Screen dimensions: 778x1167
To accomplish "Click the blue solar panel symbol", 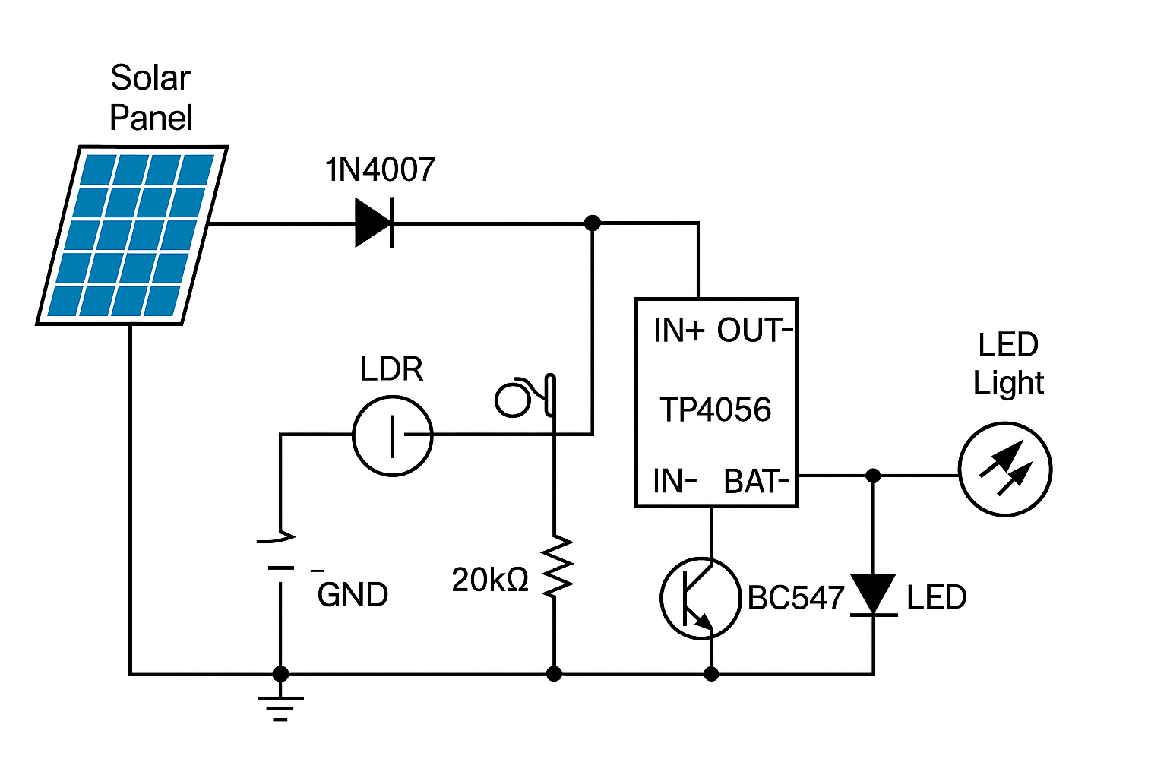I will click(132, 235).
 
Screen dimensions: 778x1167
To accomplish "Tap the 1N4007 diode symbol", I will click(375, 223).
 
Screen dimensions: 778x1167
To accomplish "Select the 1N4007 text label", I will click(380, 170).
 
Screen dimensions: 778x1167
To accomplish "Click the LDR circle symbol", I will click(392, 436).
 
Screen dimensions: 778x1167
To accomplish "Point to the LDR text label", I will click(391, 369).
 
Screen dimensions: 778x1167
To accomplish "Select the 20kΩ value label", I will click(489, 580).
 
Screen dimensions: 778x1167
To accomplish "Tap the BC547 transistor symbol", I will click(699, 599).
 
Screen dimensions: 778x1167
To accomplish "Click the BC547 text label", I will click(795, 599).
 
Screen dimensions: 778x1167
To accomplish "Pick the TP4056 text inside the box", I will click(715, 410).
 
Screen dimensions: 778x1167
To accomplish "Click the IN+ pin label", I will click(678, 331).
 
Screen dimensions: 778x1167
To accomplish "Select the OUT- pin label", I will click(755, 331).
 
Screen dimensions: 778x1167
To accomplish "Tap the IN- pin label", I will click(675, 482).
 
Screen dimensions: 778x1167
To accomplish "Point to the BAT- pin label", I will click(757, 482).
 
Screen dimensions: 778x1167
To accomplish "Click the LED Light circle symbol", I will click(1004, 470).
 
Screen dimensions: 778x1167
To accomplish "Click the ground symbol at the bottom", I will click(280, 707).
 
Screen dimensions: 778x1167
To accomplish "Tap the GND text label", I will click(353, 595).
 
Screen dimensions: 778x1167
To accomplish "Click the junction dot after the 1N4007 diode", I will click(593, 223).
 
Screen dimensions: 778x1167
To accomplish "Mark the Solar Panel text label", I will click(150, 98).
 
